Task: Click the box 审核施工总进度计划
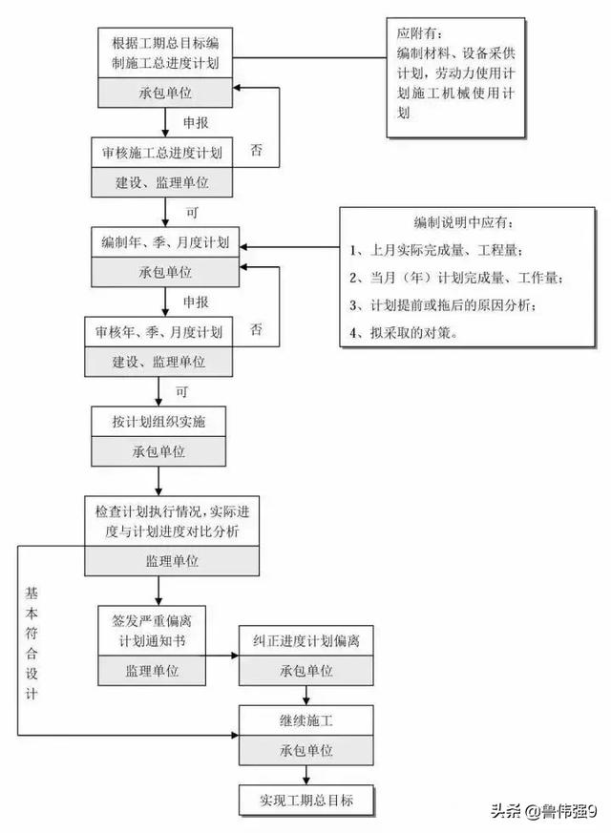(161, 153)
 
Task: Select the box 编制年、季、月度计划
(165, 242)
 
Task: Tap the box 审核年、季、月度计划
(158, 333)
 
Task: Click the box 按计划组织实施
(158, 422)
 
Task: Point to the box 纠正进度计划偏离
(306, 641)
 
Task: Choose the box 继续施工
(306, 721)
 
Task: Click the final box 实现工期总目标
(306, 800)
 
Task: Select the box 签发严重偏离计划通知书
(152, 631)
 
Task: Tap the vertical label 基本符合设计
(32, 643)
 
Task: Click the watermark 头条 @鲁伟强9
(543, 811)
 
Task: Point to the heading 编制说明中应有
(464, 222)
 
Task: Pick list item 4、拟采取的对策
(404, 333)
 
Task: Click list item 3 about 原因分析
(443, 305)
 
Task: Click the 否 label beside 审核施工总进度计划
(256, 150)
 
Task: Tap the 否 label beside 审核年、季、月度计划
(256, 329)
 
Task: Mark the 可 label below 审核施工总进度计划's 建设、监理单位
(192, 213)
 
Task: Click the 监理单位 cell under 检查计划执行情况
(172, 561)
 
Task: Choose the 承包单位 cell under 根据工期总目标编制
(165, 93)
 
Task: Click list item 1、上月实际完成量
(435, 250)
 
